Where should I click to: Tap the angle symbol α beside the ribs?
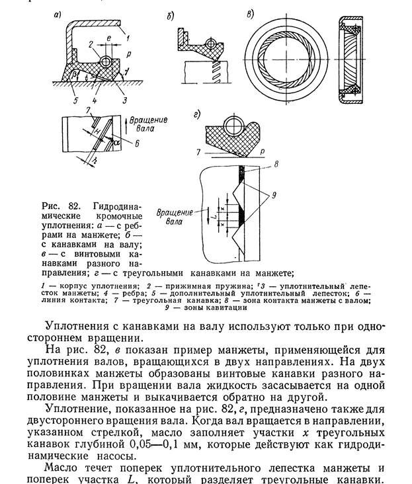click(x=117, y=140)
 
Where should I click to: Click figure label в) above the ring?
click(x=249, y=13)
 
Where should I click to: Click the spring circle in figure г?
click(x=233, y=125)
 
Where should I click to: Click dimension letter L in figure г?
click(x=210, y=217)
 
